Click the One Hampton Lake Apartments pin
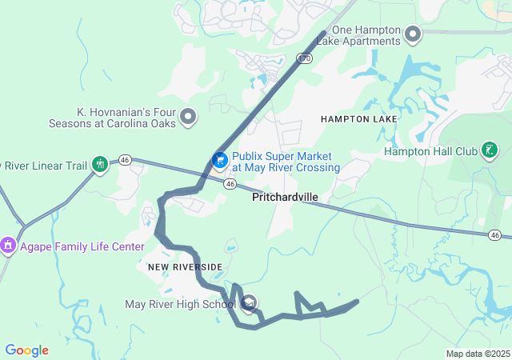413,34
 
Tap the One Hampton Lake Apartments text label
365,35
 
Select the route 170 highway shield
303,58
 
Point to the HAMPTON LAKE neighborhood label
358,119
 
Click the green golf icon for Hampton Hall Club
490,150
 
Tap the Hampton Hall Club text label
430,151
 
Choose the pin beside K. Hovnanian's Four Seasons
189,118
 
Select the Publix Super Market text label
286,162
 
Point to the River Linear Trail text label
43,166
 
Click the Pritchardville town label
285,197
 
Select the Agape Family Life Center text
82,246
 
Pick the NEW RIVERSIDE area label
185,266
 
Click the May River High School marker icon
249,303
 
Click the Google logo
26,350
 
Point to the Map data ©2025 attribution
477,354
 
